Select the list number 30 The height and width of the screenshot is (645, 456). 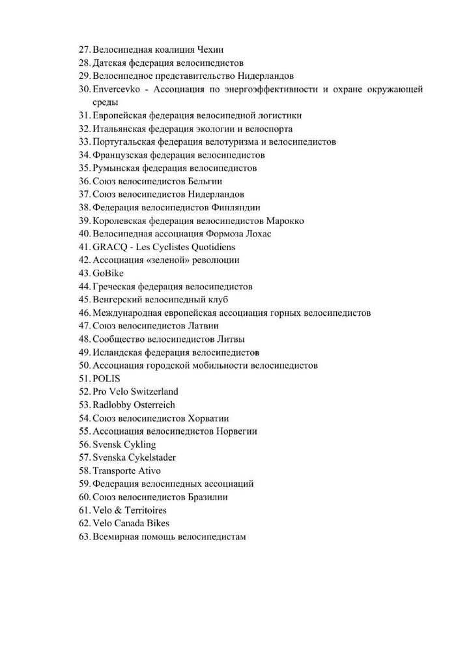[x=83, y=89]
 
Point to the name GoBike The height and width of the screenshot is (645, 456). [x=108, y=274]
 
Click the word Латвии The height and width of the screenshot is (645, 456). [x=203, y=326]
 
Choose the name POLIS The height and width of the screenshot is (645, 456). [x=107, y=379]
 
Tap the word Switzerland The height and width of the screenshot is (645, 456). [x=153, y=392]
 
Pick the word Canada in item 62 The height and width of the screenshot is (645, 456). [x=130, y=523]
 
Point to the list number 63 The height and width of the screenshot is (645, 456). [x=83, y=537]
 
